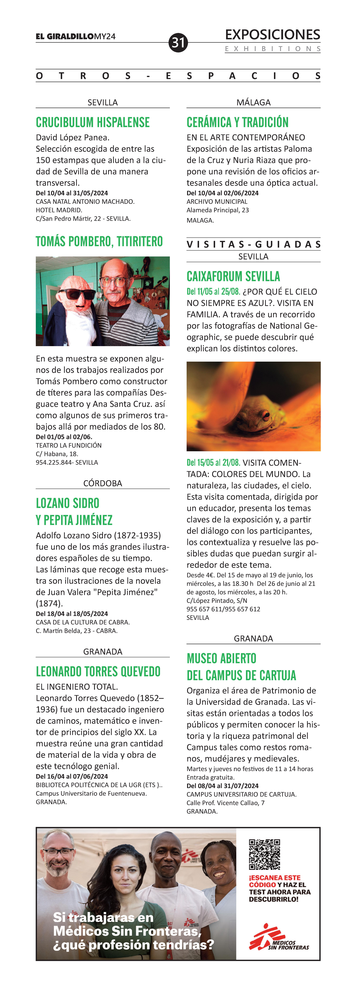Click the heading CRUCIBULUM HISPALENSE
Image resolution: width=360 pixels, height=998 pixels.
[x=93, y=122]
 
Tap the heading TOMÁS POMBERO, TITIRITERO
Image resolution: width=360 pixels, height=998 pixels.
[x=99, y=241]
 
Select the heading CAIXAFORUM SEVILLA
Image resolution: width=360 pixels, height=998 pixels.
[x=233, y=276]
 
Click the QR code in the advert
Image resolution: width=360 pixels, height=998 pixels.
[x=264, y=854]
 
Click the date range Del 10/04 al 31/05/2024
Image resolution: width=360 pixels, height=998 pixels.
[x=72, y=193]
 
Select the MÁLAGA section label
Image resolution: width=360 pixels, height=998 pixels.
[x=253, y=102]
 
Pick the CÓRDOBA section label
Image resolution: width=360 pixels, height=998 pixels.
[x=103, y=483]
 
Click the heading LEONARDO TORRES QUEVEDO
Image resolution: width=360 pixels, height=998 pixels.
[x=98, y=671]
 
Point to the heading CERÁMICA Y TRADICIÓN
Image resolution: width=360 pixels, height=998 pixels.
[x=238, y=122]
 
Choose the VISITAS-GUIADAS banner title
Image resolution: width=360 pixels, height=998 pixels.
[x=253, y=244]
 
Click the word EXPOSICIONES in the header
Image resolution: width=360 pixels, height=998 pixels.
[x=272, y=35]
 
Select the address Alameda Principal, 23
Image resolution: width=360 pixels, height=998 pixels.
[x=218, y=210]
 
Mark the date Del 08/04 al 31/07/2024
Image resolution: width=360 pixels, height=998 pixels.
[x=222, y=786]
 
